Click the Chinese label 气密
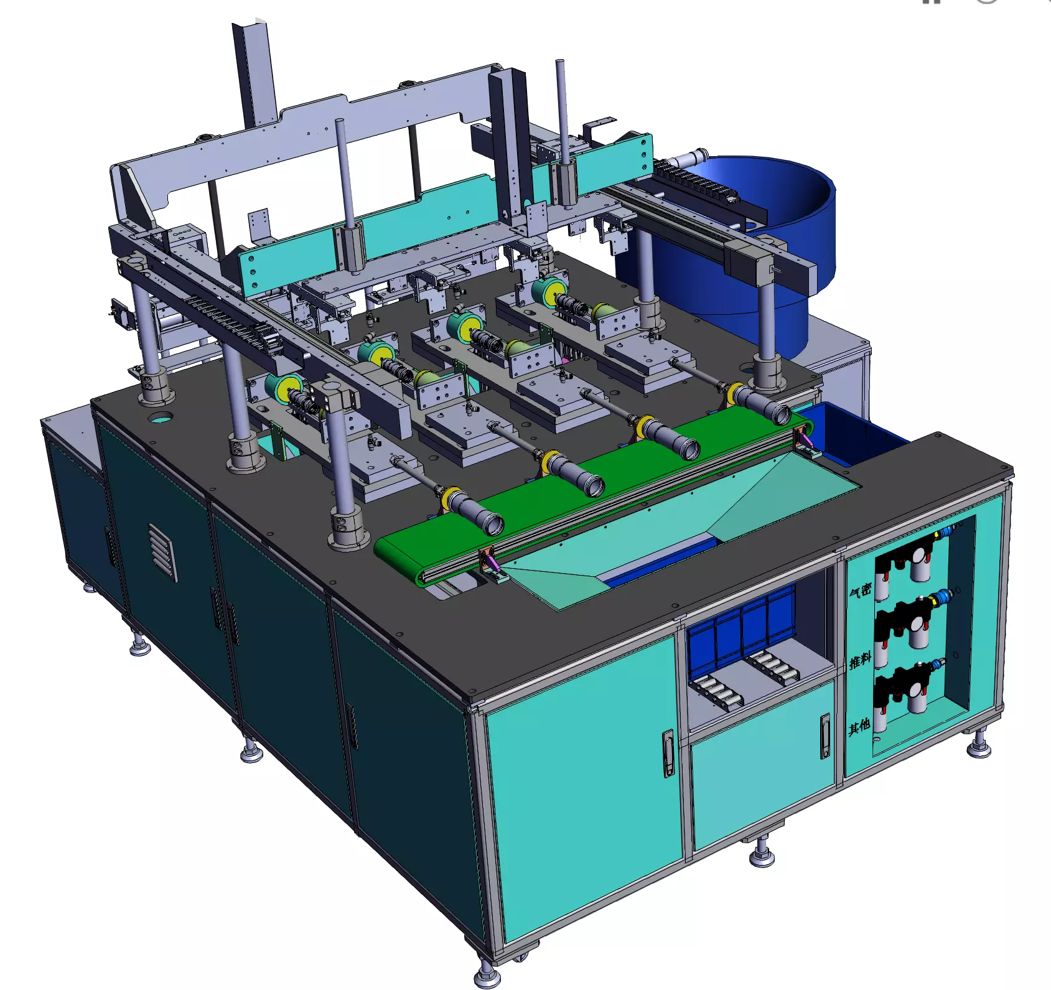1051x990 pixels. point(861,590)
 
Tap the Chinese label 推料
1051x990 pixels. point(860,660)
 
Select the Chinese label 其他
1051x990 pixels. point(859,726)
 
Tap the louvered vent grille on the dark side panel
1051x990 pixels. point(162,551)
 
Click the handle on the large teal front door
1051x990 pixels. point(667,753)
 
